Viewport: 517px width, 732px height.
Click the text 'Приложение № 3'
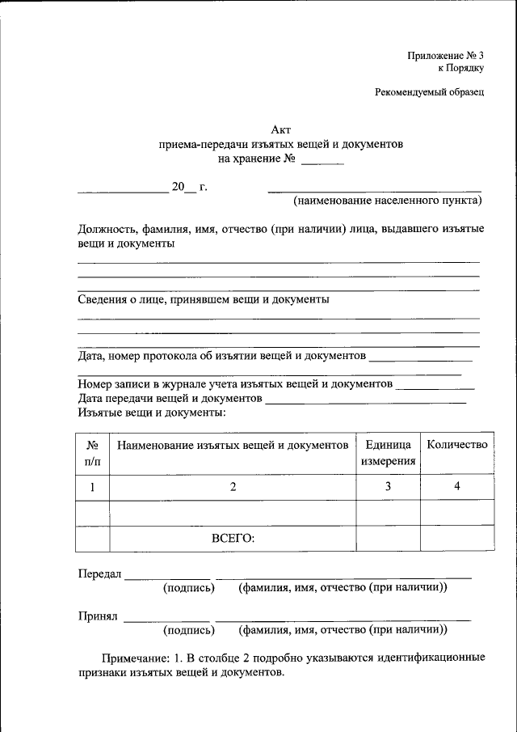point(445,55)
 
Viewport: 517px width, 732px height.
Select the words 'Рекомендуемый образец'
point(429,92)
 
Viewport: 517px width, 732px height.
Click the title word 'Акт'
point(280,129)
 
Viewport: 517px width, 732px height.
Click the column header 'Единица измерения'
point(388,453)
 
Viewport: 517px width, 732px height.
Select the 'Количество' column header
point(457,445)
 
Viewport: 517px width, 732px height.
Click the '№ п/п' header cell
point(92,453)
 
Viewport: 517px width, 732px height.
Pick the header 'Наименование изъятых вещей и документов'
point(233,445)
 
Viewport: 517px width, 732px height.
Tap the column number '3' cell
point(388,487)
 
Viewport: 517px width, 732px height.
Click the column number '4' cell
point(457,487)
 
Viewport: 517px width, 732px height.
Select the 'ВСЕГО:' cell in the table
point(233,538)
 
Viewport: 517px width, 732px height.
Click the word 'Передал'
point(99,573)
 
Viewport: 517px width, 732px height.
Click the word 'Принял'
point(98,616)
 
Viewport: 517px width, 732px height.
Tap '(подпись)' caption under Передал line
point(189,587)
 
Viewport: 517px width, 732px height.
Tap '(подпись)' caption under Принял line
point(189,629)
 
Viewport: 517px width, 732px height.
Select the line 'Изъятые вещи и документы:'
point(152,413)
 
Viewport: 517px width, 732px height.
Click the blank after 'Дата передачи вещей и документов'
point(365,399)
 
